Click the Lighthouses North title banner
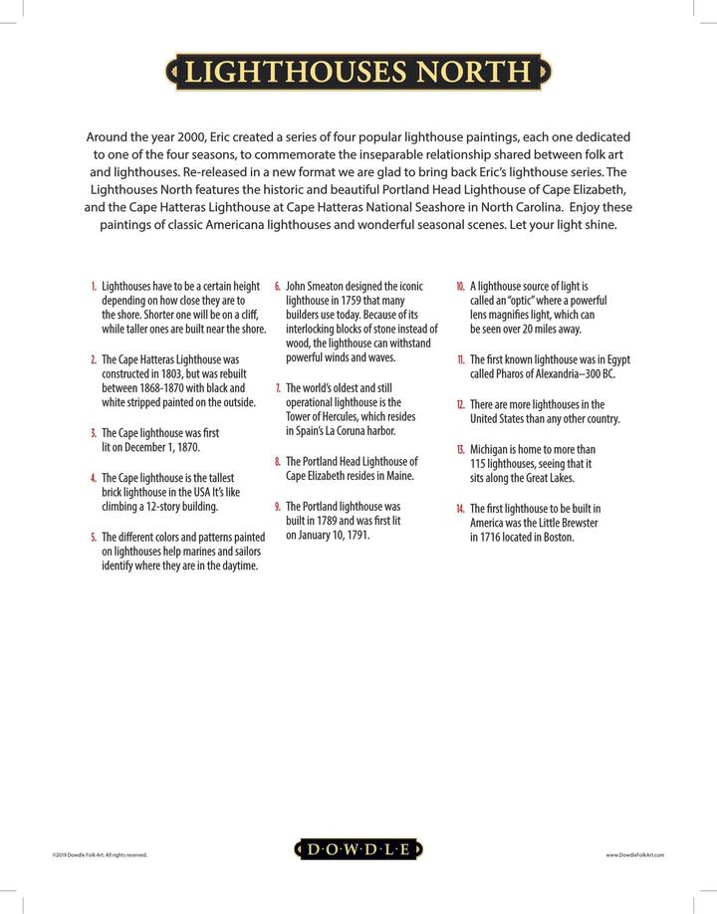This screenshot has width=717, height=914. point(358,72)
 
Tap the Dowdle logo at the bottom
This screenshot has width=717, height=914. point(358,849)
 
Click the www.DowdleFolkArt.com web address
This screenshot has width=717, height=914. point(634,854)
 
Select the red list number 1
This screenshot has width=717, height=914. point(94,286)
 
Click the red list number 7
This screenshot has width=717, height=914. point(278,388)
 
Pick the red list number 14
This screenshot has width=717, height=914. point(460,509)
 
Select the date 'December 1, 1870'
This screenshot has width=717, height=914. point(164,448)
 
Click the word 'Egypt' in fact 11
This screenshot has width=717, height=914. point(615,359)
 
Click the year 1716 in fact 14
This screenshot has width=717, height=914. point(489,538)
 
